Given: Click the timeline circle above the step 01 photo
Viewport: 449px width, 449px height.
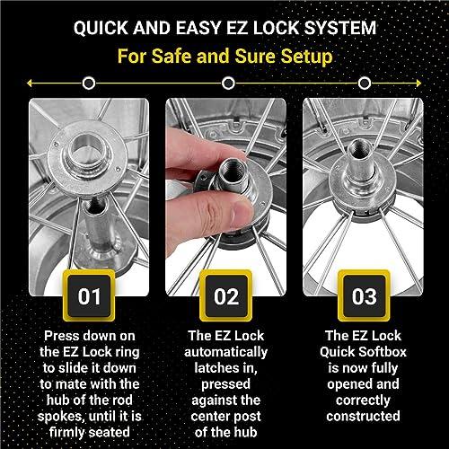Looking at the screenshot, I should (x=88, y=84).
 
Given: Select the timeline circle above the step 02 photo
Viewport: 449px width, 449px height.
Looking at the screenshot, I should (x=227, y=84).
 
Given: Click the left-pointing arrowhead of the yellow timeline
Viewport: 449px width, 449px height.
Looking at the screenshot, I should (x=31, y=84).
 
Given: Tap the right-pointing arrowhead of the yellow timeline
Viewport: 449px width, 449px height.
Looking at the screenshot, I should (x=419, y=84).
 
